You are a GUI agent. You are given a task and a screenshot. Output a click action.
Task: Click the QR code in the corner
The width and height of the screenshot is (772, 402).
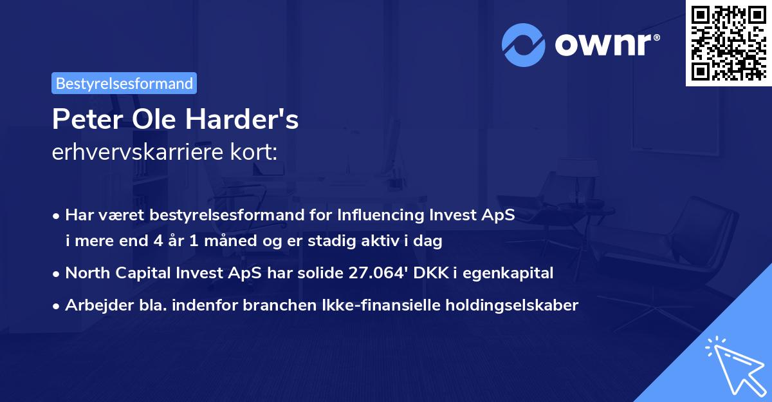point(729,43)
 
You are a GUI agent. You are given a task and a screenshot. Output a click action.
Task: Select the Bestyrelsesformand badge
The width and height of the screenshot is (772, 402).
point(124,83)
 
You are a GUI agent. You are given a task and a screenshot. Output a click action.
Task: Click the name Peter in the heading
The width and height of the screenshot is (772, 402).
point(83,120)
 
